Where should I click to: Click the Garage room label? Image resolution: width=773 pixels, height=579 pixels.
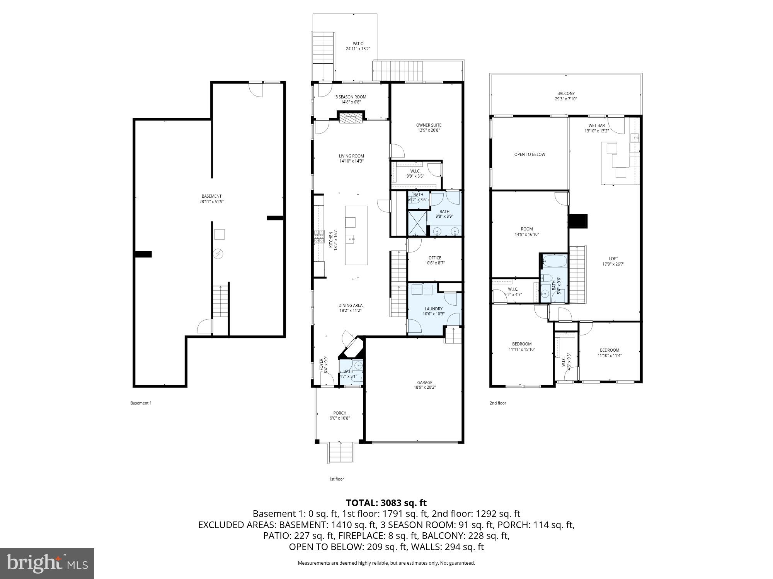point(424,383)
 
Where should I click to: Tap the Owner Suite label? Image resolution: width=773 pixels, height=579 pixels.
point(428,125)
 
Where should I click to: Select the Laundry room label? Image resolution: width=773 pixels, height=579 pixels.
point(433,309)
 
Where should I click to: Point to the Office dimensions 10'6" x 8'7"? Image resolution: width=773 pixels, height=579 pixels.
point(435,263)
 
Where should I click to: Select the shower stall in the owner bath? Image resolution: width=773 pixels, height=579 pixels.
point(417,223)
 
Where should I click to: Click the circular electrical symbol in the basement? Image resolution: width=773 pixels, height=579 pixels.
point(219,254)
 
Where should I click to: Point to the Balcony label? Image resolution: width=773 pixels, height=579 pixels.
point(566,93)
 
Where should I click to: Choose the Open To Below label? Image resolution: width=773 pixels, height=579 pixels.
point(530,154)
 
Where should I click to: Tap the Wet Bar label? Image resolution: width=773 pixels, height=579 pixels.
point(596,125)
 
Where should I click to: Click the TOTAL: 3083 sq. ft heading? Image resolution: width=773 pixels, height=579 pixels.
point(386,503)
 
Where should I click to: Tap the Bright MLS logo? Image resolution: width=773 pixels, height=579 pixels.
point(47,564)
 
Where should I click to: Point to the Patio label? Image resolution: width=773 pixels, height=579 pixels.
point(358,44)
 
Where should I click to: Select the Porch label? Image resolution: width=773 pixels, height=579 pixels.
point(340,413)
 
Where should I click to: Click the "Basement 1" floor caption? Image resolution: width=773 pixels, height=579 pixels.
point(141,403)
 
